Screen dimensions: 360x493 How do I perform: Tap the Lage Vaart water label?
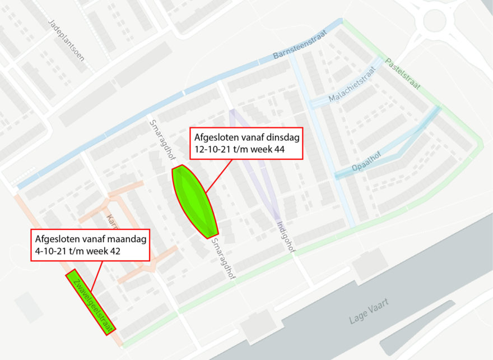tap(369, 312)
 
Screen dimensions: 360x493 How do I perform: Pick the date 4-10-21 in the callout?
tap(50, 251)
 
